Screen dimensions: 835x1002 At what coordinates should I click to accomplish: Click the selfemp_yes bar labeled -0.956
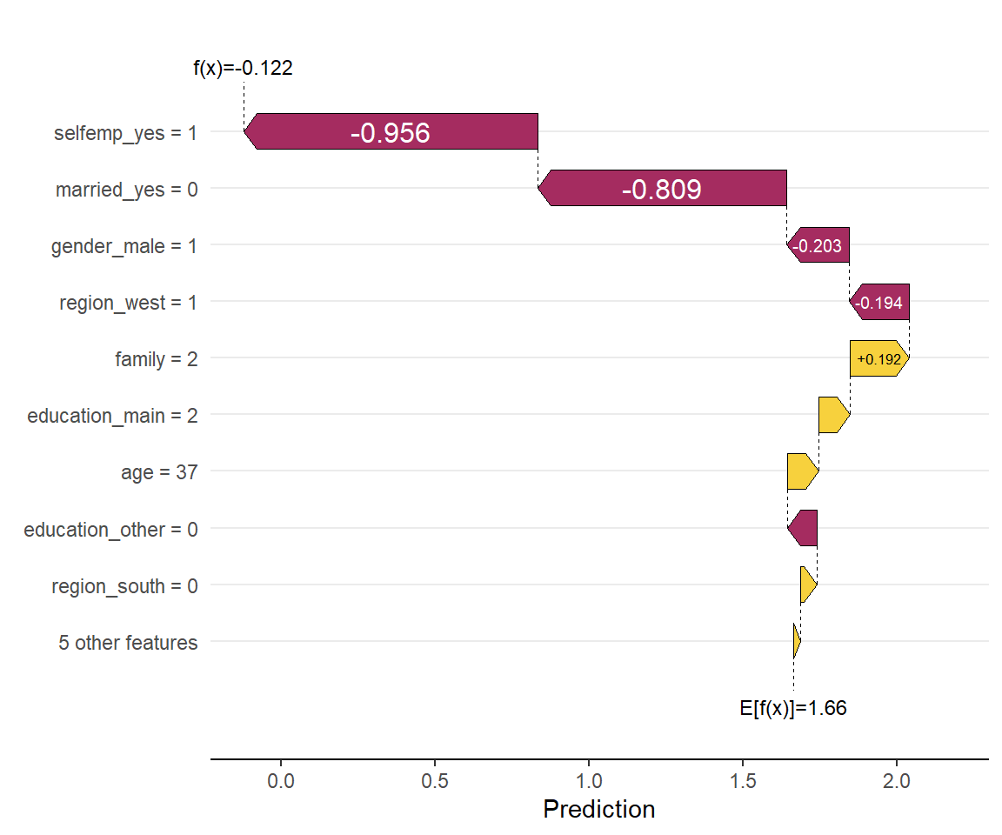(391, 131)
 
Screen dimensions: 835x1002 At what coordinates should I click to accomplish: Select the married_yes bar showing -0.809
(662, 188)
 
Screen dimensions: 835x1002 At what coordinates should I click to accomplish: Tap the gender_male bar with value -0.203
(818, 245)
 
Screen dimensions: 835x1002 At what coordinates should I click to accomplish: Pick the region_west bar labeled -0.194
(879, 303)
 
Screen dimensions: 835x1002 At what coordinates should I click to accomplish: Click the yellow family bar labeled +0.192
(879, 358)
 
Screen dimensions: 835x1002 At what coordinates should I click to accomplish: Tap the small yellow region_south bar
(808, 584)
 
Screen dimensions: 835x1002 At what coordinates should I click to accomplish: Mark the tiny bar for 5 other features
(796, 642)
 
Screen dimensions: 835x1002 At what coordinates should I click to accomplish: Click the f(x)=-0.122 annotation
(243, 68)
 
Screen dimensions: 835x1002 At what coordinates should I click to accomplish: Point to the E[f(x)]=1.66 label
(793, 708)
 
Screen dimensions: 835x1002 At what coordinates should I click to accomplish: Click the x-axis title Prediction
(599, 810)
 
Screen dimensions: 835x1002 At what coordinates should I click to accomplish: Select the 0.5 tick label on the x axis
(435, 779)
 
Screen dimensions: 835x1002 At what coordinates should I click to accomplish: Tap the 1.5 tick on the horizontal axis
(743, 779)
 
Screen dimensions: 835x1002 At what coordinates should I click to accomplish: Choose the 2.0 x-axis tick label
(897, 779)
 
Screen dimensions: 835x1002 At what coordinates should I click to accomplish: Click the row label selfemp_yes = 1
(125, 133)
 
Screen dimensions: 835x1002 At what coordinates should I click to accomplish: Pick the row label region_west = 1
(128, 304)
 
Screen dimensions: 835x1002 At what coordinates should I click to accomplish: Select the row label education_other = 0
(110, 529)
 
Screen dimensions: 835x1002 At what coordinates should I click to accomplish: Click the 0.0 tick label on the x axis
(280, 779)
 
